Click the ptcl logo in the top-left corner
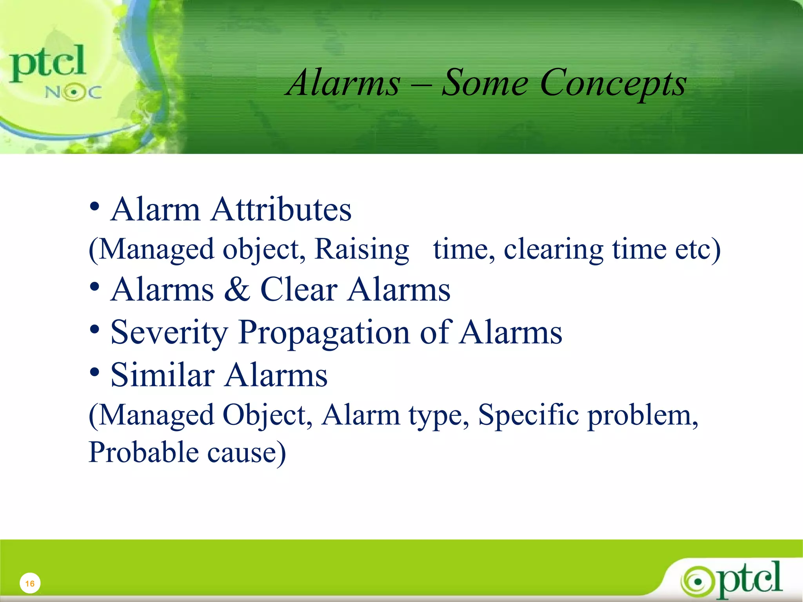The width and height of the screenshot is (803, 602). point(47,63)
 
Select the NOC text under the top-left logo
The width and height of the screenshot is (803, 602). point(73,92)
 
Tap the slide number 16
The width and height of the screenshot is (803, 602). point(30,584)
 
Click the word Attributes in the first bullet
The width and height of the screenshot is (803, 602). point(281,210)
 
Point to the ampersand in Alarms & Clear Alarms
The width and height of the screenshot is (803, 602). point(237,290)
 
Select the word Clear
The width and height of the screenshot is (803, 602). point(299,290)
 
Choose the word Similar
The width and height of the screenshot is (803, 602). point(162,375)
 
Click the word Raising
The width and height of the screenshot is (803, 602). point(362,250)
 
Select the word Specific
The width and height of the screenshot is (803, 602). point(528,415)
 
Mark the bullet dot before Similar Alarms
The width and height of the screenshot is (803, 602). point(94,372)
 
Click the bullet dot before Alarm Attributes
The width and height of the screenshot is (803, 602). point(94,206)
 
